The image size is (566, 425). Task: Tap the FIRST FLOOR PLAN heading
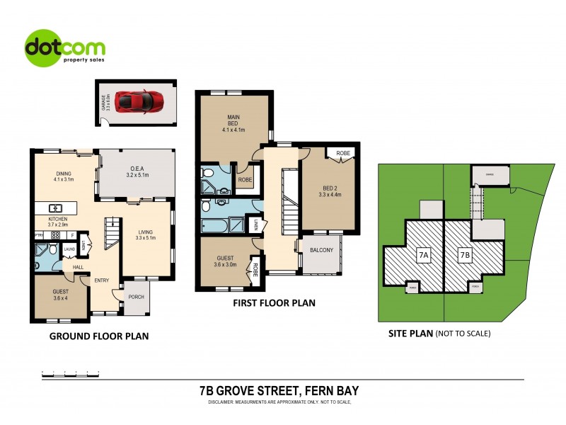(x=275, y=302)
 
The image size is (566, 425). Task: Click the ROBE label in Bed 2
(x=343, y=153)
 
